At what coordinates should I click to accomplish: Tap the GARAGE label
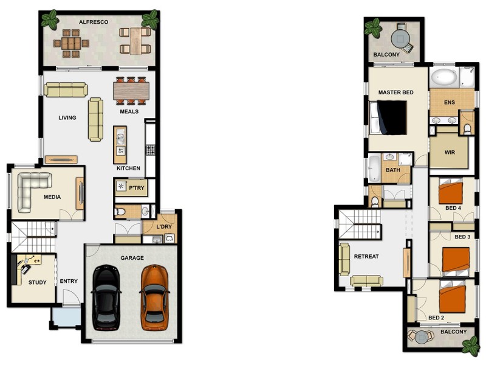point(132,258)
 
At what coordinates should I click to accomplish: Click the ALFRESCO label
point(94,22)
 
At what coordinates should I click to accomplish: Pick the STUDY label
point(37,282)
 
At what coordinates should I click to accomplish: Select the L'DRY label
point(165,226)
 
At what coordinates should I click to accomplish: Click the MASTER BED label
point(395,92)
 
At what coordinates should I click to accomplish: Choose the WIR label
point(450,152)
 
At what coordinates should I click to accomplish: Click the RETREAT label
point(366,256)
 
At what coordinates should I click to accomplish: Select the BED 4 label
point(453,207)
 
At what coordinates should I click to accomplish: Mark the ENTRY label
point(69,281)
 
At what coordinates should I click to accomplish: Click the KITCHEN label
point(128,168)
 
